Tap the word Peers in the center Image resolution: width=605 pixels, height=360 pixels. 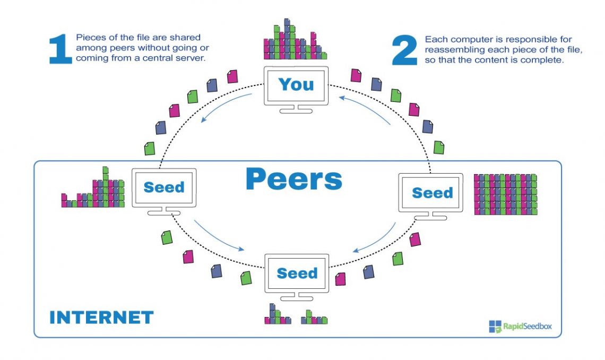[293, 180]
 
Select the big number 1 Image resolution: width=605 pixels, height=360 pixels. [60, 49]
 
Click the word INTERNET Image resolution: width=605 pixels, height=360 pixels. [101, 318]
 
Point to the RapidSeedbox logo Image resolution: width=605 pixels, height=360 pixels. [520, 326]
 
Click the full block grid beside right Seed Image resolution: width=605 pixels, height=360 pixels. [505, 194]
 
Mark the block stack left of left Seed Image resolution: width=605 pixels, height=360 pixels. [93, 189]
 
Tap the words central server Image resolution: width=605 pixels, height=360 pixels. [177, 58]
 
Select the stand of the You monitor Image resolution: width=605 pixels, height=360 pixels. [295, 108]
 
